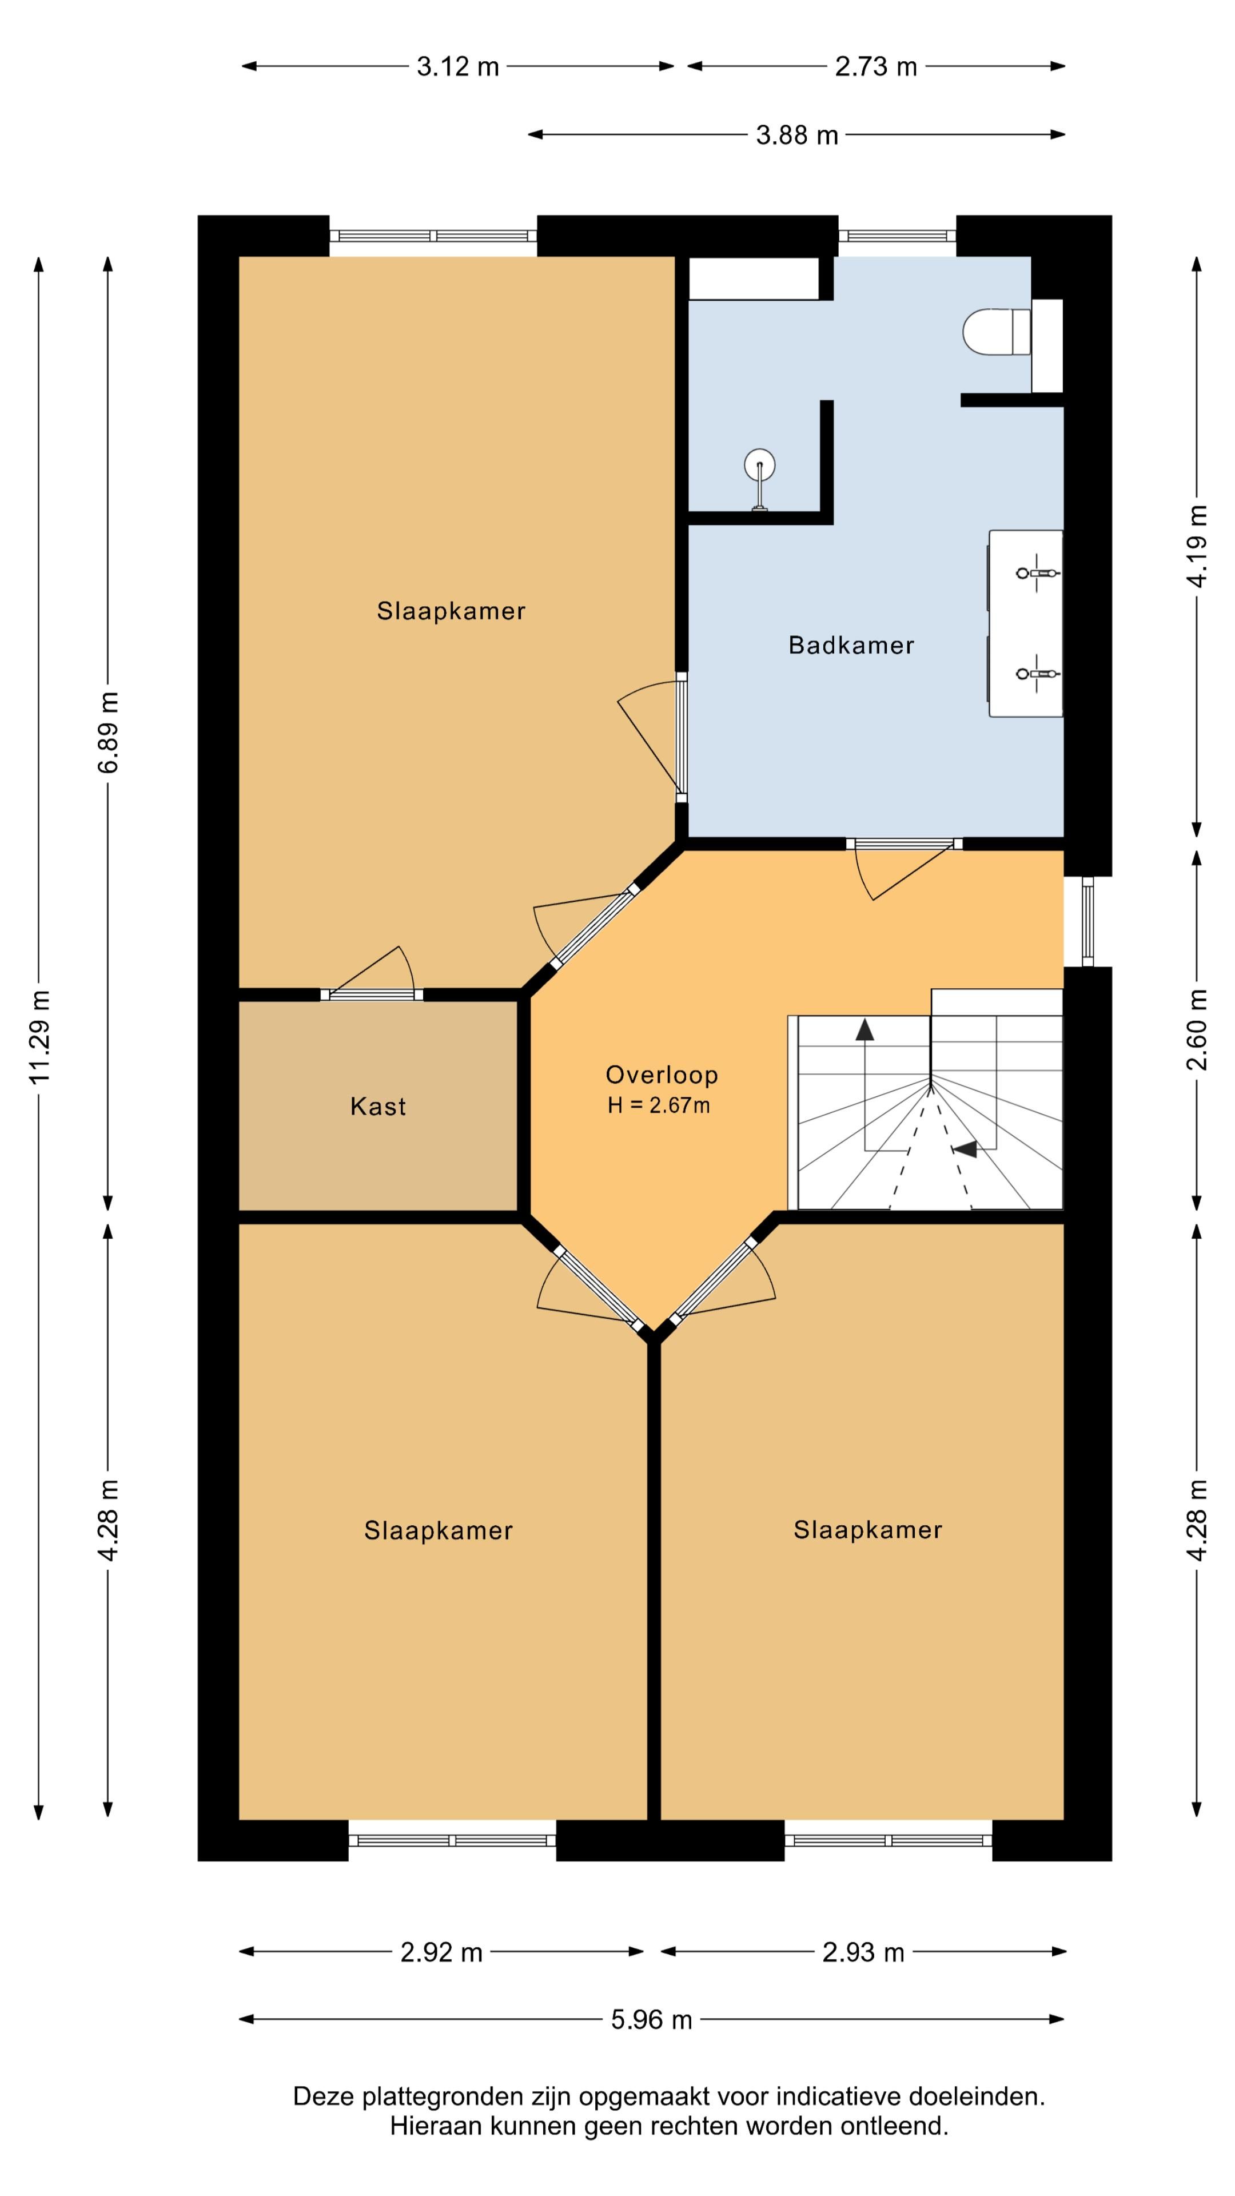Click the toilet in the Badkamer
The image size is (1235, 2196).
coord(997,332)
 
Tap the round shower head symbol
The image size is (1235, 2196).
coord(759,466)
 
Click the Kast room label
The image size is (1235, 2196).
coord(377,1107)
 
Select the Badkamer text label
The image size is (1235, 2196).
coord(851,645)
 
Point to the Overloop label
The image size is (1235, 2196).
coord(662,1075)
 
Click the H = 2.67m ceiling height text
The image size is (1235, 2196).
coord(658,1105)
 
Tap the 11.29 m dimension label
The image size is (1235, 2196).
coord(39,1037)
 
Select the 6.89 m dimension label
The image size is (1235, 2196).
coord(108,732)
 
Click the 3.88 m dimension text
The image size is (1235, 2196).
coord(797,136)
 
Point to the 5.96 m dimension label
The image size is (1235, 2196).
coord(651,2019)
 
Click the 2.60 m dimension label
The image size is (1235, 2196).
coord(1197,1029)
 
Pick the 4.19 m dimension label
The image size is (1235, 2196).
coord(1197,546)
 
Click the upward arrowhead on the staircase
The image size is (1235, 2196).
coord(865,1030)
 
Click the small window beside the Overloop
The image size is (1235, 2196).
coord(1087,921)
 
